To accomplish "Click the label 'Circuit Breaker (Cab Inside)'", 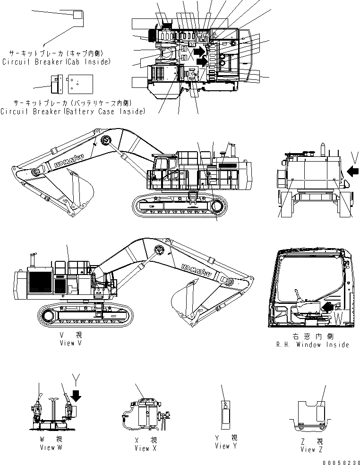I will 56,62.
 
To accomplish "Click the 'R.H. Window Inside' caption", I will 312,344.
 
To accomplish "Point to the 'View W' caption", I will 51,447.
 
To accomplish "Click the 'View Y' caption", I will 226,446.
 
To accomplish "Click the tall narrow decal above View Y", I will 226,413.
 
